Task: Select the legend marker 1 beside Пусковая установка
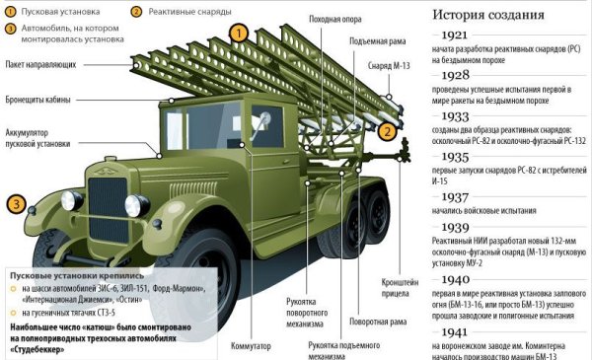9,13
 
